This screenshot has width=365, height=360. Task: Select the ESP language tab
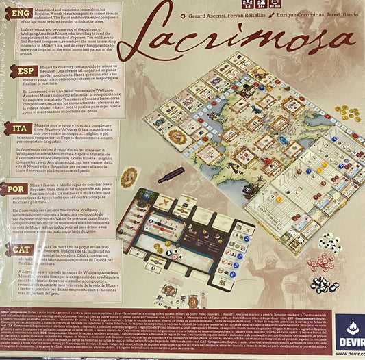[x=18, y=70]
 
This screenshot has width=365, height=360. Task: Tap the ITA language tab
[x=18, y=128]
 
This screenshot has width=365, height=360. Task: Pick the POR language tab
[x=18, y=188]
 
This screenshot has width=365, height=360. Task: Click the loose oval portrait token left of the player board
[x=130, y=177]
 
